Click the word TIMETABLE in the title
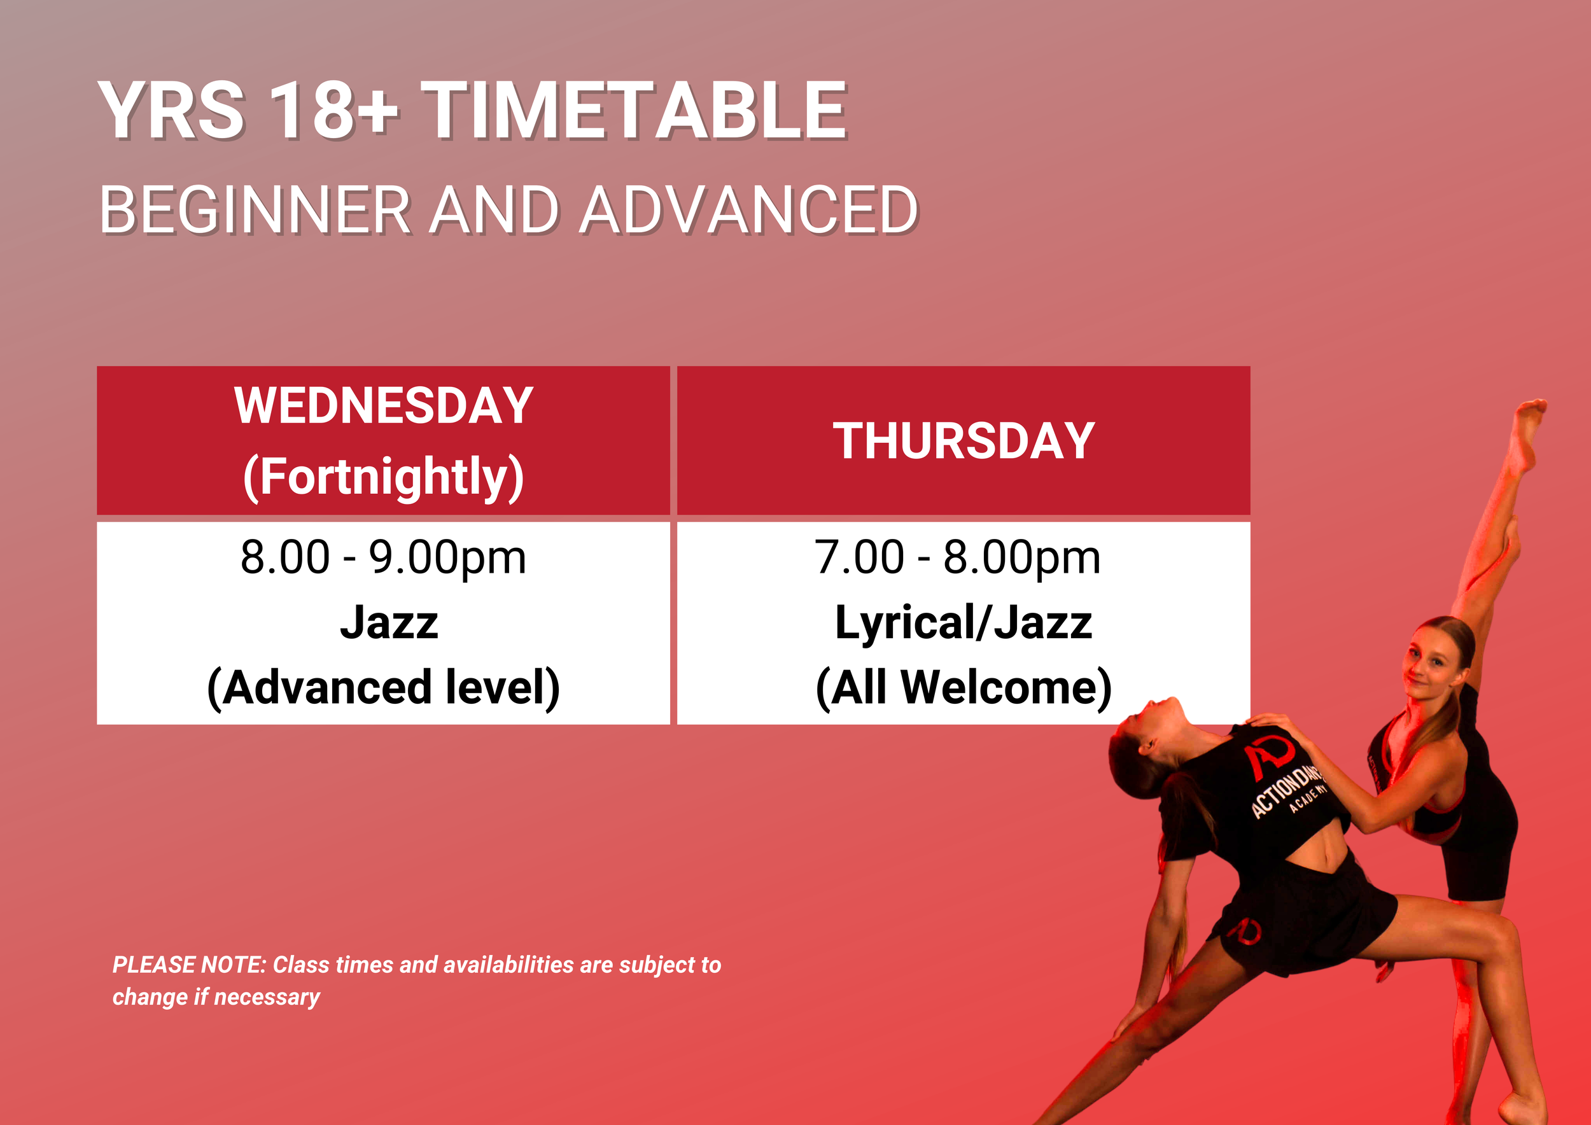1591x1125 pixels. click(633, 111)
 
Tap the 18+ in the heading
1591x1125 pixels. click(334, 111)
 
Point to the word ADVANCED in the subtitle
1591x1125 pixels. click(748, 210)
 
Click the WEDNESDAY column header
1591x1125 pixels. click(383, 405)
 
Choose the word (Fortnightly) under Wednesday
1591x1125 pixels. click(383, 477)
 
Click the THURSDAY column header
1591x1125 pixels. click(964, 440)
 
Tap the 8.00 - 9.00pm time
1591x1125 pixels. click(383, 557)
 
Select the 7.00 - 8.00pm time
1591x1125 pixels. click(957, 557)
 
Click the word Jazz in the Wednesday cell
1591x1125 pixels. click(389, 622)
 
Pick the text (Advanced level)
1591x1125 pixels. click(383, 687)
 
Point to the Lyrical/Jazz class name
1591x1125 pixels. click(964, 622)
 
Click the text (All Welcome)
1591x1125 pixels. click(964, 687)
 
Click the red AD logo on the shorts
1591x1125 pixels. click(1245, 930)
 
